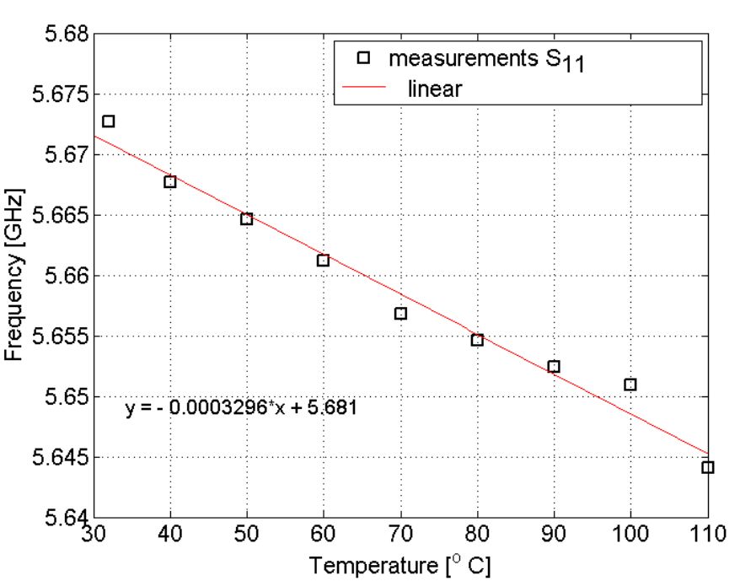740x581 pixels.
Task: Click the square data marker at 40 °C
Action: pyautogui.click(x=169, y=181)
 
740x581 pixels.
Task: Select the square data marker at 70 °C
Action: pyautogui.click(x=400, y=314)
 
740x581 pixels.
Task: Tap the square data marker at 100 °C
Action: pyautogui.click(x=630, y=385)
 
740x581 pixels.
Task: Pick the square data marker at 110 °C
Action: pyautogui.click(x=708, y=467)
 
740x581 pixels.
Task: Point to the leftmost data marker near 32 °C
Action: pyautogui.click(x=108, y=121)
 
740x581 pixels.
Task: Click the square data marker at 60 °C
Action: pyautogui.click(x=323, y=260)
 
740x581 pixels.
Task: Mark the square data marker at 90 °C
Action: pyautogui.click(x=554, y=366)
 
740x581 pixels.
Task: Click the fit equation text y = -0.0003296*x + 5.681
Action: pyautogui.click(x=243, y=408)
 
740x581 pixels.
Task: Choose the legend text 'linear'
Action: pyautogui.click(x=434, y=89)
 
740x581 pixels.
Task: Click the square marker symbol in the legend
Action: pyautogui.click(x=363, y=58)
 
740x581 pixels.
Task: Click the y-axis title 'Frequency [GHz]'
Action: pyautogui.click(x=15, y=276)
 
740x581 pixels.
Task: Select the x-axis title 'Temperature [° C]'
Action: pyautogui.click(x=399, y=564)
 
